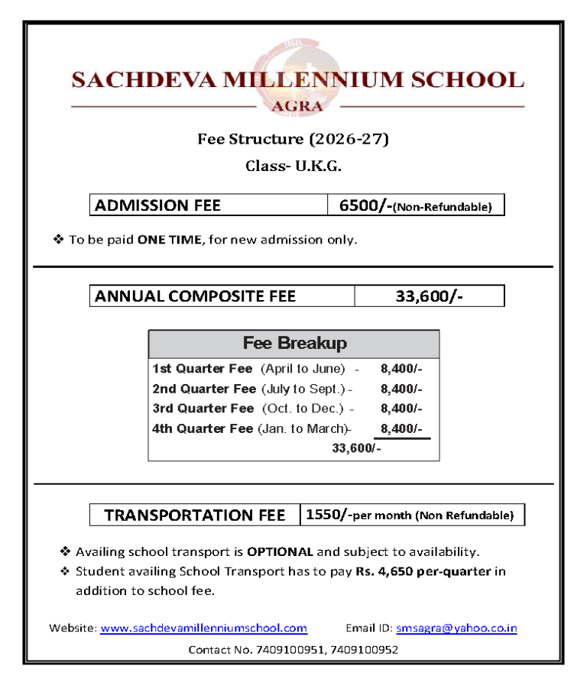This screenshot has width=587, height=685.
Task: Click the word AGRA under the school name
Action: point(297,106)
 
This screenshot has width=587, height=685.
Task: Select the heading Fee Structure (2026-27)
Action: point(293,139)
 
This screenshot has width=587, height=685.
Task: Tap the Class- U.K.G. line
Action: point(293,166)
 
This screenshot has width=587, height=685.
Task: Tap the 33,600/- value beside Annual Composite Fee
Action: point(429,296)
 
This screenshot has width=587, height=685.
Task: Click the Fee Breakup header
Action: point(294,344)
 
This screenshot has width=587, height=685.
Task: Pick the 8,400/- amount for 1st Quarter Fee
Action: point(401,369)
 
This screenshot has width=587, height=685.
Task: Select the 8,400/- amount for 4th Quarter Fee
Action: point(401,428)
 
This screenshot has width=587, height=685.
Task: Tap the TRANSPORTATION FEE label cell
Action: point(195,515)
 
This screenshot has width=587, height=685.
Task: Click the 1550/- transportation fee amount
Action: point(329,515)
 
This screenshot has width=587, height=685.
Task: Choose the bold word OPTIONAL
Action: point(280,551)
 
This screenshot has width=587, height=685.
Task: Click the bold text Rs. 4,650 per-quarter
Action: point(423,571)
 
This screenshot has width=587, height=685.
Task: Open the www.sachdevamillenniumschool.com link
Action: point(203,628)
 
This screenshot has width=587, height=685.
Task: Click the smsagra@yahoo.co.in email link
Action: point(456,628)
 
